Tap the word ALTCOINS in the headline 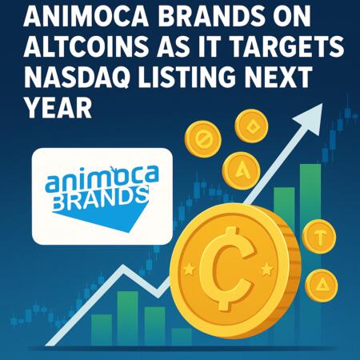pyautogui.click(x=70, y=49)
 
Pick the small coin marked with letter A pyautogui.click(x=238, y=170)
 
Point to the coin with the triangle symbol pyautogui.click(x=322, y=283)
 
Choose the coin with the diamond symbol pyautogui.click(x=251, y=125)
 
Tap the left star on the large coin pyautogui.click(x=189, y=266)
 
